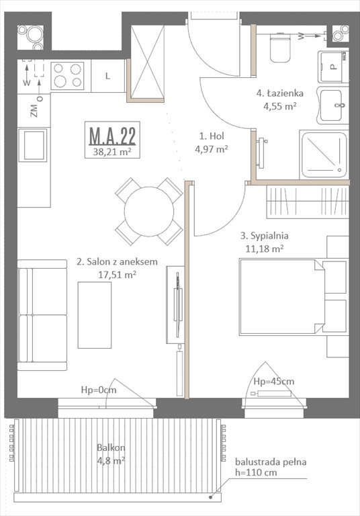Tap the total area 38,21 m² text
pyautogui.click(x=112, y=152)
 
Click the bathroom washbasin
pyautogui.click(x=333, y=105)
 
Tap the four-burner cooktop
pyautogui.click(x=67, y=75)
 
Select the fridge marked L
pyautogui.click(x=107, y=75)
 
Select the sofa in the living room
pyautogui.click(x=42, y=319)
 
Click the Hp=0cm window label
pyautogui.click(x=99, y=389)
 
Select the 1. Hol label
pyautogui.click(x=207, y=134)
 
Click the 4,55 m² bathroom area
pyautogui.click(x=280, y=105)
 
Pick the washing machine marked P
pyautogui.click(x=332, y=66)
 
